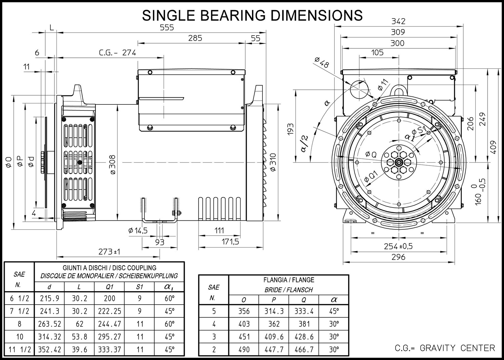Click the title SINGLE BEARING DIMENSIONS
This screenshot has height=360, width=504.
[x=252, y=15]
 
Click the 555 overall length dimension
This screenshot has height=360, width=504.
[x=167, y=28]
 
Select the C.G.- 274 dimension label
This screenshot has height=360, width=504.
[x=118, y=53]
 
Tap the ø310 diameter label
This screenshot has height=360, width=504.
[x=273, y=162]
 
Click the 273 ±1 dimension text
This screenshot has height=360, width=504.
[x=109, y=252]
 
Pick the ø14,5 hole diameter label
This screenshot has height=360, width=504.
[x=138, y=230]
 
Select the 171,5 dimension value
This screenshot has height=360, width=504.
[x=230, y=242]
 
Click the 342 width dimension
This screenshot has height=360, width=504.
[x=398, y=21]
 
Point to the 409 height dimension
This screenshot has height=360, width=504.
[x=493, y=147]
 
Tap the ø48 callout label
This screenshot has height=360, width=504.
[x=322, y=62]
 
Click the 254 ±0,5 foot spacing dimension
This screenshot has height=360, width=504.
[x=398, y=246]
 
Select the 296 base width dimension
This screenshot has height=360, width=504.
[x=398, y=257]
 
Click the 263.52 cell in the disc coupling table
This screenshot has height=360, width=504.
[x=49, y=324]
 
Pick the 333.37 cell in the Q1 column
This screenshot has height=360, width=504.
[x=110, y=350]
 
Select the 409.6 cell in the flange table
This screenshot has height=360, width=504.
[x=274, y=336]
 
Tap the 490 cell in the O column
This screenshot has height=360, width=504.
[x=244, y=350]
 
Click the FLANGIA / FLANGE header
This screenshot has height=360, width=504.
[x=289, y=280]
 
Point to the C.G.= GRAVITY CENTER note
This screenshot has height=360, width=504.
[x=445, y=348]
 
